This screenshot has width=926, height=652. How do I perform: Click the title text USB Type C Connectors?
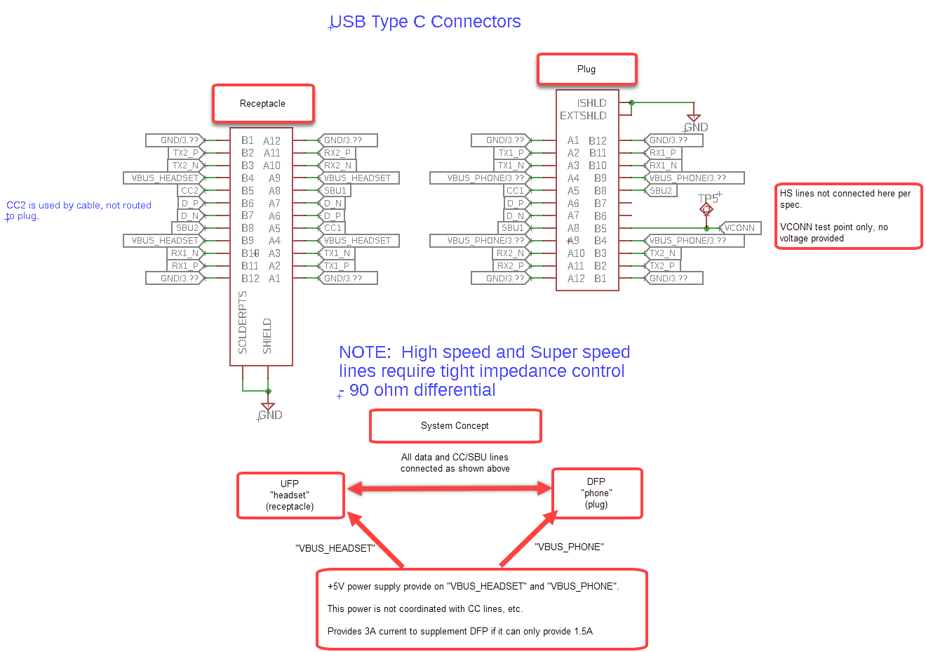[425, 22]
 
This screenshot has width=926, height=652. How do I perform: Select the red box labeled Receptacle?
[263, 103]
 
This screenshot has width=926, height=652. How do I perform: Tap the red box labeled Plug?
[586, 69]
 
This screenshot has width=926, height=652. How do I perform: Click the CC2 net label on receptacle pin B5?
[189, 191]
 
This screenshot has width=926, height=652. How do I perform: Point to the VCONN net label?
[739, 228]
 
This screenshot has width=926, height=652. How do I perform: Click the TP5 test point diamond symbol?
[706, 209]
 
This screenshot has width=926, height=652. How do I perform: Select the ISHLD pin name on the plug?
[591, 103]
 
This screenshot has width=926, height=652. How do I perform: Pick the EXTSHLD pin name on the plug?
[583, 116]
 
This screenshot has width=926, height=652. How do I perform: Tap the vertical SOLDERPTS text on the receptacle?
[243, 322]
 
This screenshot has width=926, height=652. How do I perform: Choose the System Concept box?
[455, 426]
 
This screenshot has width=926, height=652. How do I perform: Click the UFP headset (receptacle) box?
[290, 495]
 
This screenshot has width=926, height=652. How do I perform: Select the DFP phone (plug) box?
[597, 493]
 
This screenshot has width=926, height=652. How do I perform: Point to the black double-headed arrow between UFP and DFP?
[449, 488]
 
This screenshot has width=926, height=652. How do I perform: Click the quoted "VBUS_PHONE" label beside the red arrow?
[569, 547]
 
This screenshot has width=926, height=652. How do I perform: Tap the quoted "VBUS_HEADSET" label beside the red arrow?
[335, 548]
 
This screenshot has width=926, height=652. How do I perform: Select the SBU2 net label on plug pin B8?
[661, 191]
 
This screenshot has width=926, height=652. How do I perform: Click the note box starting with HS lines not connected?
[848, 216]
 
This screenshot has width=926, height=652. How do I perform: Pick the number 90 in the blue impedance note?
[359, 390]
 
